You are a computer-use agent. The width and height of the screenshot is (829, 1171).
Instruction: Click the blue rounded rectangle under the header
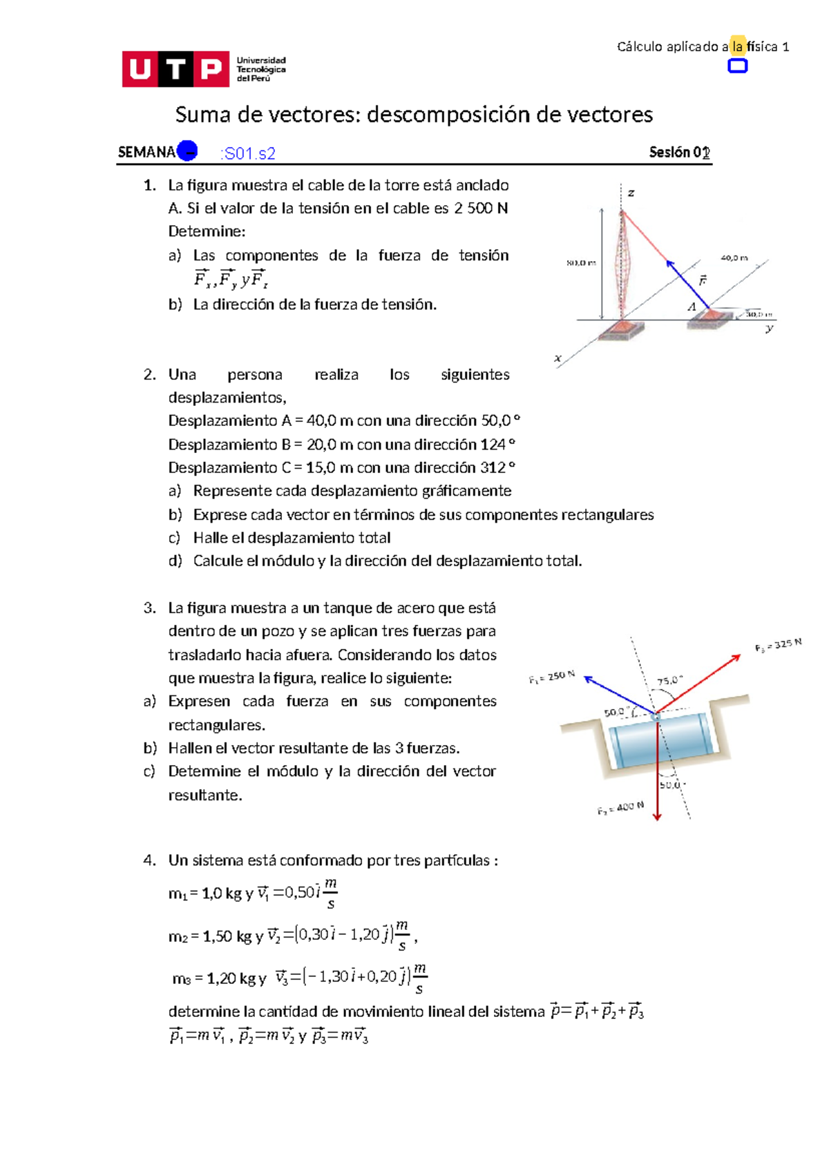pos(738,66)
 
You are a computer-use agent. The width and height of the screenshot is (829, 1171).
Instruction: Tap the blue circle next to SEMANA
pos(187,151)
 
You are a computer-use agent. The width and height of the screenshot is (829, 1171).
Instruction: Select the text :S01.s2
pos(248,154)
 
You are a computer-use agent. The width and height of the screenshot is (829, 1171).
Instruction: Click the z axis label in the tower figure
pos(631,193)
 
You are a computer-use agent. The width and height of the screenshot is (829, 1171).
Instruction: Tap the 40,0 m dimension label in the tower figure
pos(734,258)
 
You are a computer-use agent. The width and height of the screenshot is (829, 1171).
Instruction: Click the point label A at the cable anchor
pos(692,307)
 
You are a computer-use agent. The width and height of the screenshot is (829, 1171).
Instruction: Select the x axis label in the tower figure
pos(558,358)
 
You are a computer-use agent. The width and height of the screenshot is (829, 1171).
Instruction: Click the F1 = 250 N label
pos(552,677)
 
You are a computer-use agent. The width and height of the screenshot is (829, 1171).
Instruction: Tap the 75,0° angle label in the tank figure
pos(669,680)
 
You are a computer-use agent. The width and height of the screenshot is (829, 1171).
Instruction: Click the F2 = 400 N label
pos(620,808)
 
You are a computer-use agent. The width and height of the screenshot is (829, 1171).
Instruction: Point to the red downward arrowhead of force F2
pos(657,816)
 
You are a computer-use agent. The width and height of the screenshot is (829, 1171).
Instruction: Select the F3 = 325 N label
pos(778,645)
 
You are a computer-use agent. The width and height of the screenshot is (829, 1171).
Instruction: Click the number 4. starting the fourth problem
pos(150,860)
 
